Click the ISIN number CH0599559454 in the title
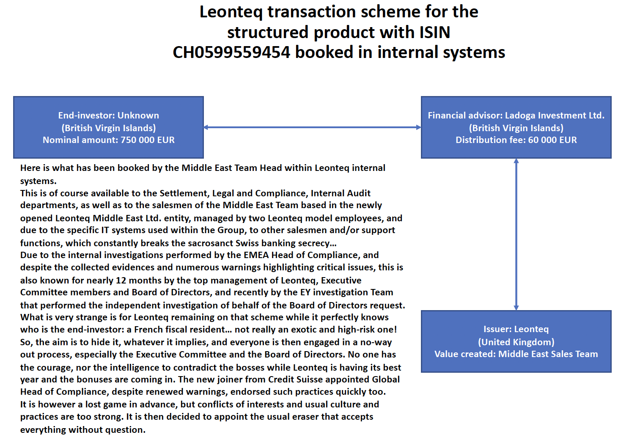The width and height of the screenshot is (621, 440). [231, 52]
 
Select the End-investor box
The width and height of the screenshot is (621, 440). [108, 127]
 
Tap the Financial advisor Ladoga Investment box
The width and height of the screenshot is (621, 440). [516, 127]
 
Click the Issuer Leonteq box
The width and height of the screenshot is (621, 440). [516, 341]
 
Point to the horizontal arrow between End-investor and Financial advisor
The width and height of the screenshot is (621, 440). [312, 127]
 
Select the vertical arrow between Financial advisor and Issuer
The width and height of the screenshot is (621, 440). [516, 234]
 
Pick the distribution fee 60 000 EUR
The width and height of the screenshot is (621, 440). [552, 140]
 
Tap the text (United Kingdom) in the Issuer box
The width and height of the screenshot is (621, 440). [516, 342]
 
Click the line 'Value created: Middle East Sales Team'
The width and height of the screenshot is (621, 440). [516, 354]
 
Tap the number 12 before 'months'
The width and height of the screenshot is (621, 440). [121, 280]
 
